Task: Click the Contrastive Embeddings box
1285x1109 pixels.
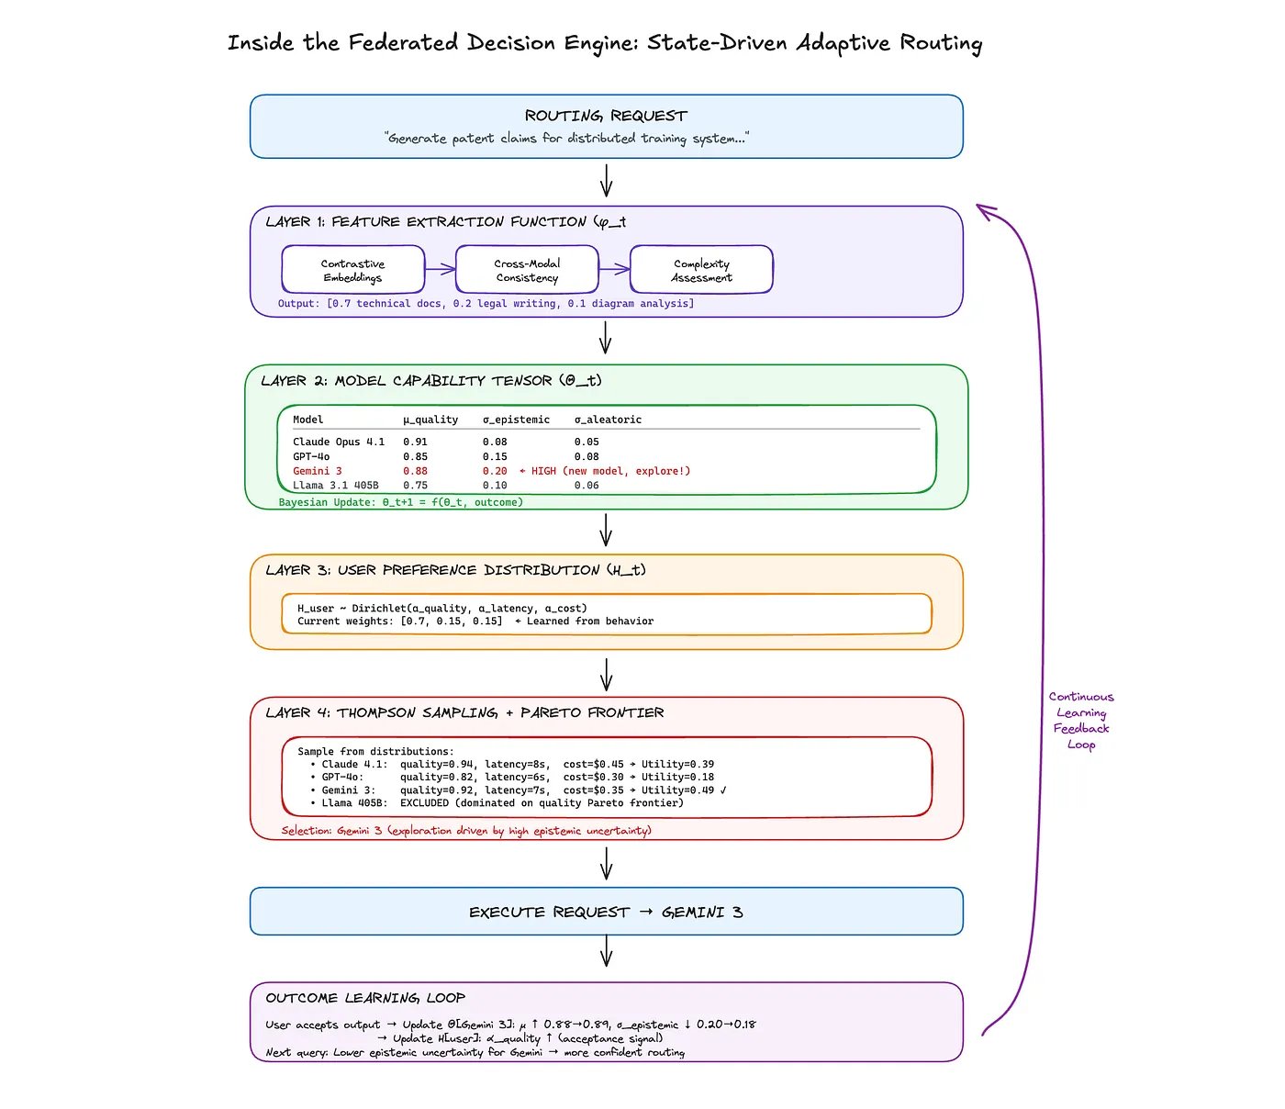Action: pos(352,270)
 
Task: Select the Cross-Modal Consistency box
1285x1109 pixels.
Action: pos(527,270)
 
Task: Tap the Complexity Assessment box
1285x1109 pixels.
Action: pos(701,270)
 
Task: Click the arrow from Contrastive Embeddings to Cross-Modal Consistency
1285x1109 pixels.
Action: pos(441,269)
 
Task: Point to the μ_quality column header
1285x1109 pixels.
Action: pos(430,420)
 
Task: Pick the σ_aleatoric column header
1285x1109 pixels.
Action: pos(608,420)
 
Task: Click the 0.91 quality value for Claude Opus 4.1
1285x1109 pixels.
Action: pos(415,442)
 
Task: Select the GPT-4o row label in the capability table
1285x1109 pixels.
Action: pos(311,456)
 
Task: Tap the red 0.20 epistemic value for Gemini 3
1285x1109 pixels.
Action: pos(495,471)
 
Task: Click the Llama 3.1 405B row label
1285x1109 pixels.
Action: pos(335,486)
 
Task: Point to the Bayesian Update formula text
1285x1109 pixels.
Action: pos(400,502)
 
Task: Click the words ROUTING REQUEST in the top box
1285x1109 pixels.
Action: pos(606,116)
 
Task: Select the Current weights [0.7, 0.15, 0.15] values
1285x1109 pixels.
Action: pos(452,622)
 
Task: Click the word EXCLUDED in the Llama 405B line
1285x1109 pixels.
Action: pos(424,803)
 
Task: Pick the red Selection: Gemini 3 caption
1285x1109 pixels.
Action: pos(466,831)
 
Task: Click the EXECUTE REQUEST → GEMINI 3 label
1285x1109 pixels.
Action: pos(606,912)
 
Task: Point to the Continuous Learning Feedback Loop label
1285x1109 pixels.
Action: pos(1081,721)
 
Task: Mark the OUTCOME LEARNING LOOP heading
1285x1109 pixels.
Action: pos(365,998)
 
